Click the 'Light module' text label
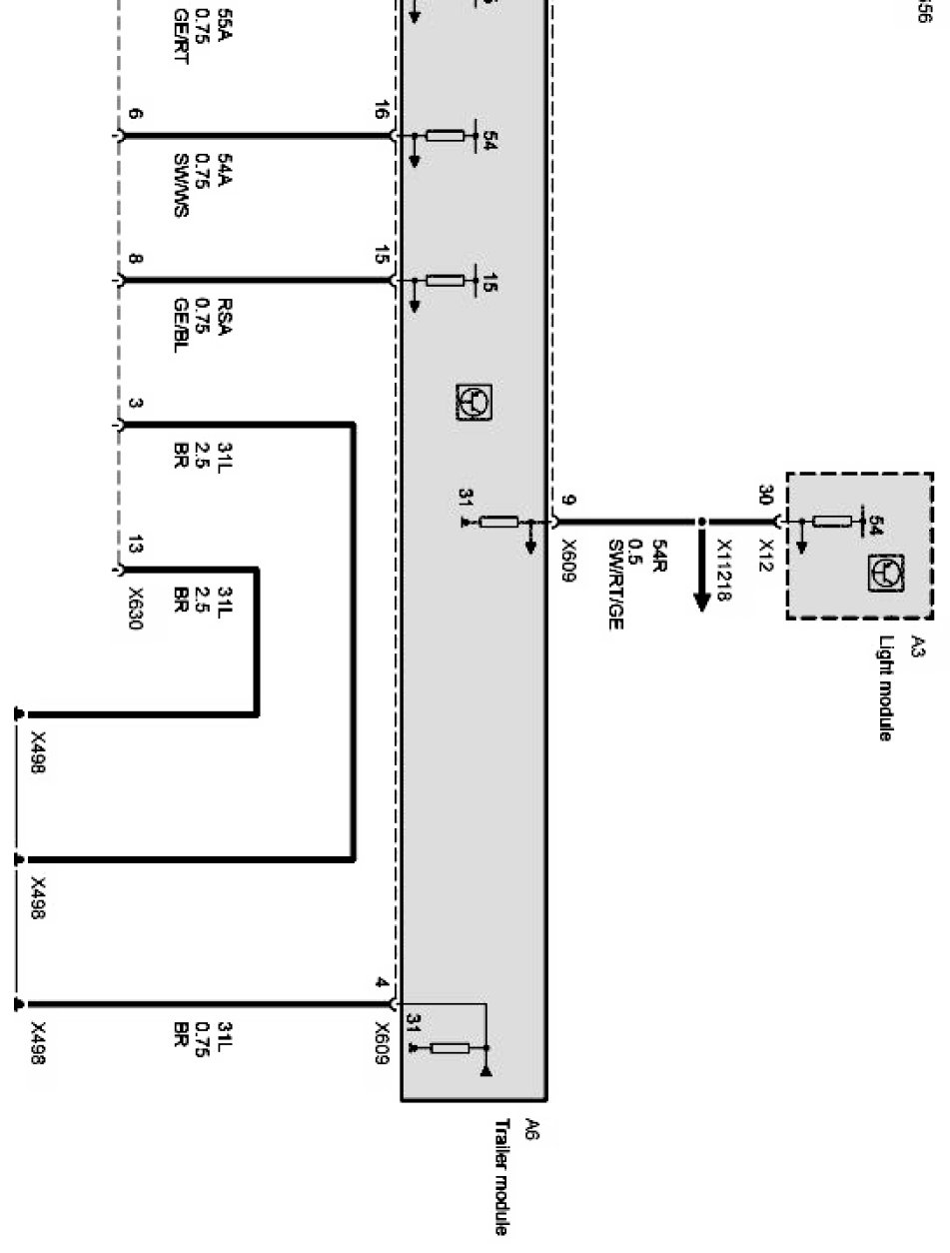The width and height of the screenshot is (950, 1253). coord(885,689)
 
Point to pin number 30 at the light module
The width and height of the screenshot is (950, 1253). coord(766,496)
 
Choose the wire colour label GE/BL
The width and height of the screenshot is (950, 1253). coord(181,326)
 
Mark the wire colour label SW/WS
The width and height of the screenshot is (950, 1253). coord(181,184)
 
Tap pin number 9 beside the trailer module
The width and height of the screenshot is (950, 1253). coord(567,499)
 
